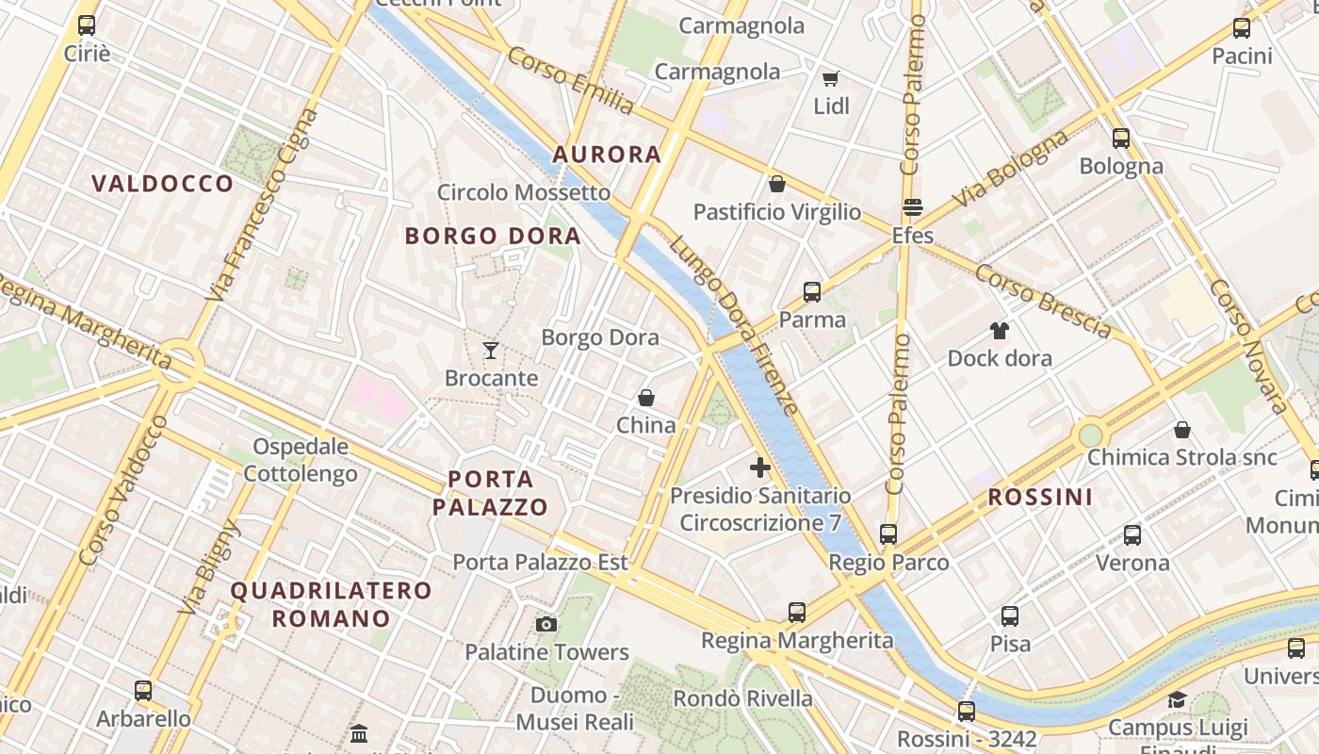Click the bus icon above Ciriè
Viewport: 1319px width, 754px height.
pyautogui.click(x=87, y=25)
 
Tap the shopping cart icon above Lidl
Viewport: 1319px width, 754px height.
pyautogui.click(x=830, y=78)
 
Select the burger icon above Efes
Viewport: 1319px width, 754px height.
pyautogui.click(x=912, y=207)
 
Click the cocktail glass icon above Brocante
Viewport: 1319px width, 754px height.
pyautogui.click(x=490, y=351)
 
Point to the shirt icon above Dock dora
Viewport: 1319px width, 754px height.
pyautogui.click(x=999, y=331)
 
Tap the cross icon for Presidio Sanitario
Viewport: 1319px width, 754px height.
pyautogui.click(x=760, y=467)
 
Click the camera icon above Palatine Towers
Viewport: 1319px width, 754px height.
pyautogui.click(x=546, y=624)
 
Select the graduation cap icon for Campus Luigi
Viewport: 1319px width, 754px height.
pyautogui.click(x=1177, y=700)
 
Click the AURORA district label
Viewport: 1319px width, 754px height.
pyautogui.click(x=607, y=155)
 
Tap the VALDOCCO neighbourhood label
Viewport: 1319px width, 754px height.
pyautogui.click(x=163, y=184)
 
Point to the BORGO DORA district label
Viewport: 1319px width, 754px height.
pyautogui.click(x=493, y=236)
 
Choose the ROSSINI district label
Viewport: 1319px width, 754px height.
pyautogui.click(x=1040, y=498)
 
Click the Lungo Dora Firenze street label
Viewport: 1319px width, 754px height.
pyautogui.click(x=735, y=325)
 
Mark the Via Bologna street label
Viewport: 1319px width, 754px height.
pyautogui.click(x=1011, y=169)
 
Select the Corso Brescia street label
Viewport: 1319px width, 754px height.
pyautogui.click(x=1043, y=301)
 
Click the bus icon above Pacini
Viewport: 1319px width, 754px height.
pyautogui.click(x=1242, y=28)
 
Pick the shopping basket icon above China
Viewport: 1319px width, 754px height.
pyautogui.click(x=646, y=398)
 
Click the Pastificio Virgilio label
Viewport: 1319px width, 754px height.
pyautogui.click(x=777, y=212)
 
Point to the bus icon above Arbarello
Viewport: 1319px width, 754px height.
pyautogui.click(x=143, y=691)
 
